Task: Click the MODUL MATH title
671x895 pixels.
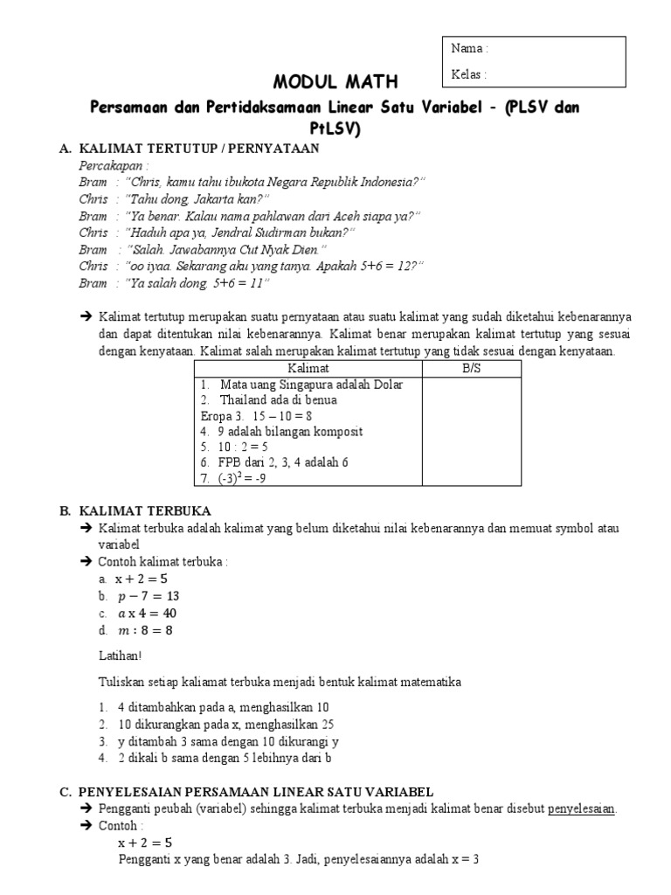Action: click(x=335, y=82)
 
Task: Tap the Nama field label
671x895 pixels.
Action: click(x=469, y=49)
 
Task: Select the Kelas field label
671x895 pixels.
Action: click(x=469, y=74)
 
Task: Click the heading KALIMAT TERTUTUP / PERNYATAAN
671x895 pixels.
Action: click(x=199, y=149)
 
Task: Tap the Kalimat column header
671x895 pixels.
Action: click(x=308, y=369)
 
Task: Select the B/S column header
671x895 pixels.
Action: click(x=471, y=369)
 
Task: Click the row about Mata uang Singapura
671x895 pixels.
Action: click(x=301, y=385)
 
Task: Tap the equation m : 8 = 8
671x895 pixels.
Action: click(x=145, y=629)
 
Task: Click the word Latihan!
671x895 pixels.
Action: click(x=121, y=656)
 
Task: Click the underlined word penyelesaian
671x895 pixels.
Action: click(x=581, y=809)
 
